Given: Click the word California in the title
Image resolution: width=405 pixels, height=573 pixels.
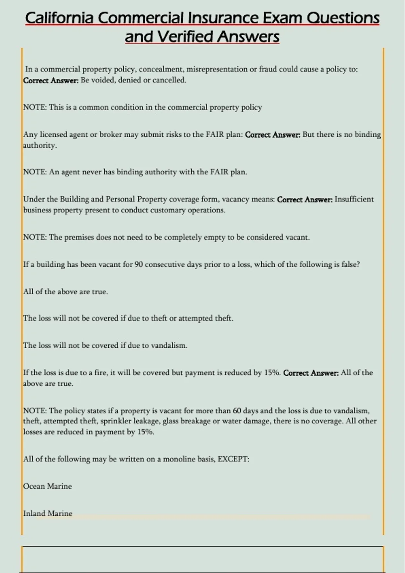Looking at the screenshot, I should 59,18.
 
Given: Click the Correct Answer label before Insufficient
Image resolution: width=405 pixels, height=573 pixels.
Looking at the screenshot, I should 304,200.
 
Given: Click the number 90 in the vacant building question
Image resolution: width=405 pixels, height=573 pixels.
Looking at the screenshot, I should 139,265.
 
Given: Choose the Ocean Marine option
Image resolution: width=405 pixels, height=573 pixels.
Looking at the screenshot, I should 47,486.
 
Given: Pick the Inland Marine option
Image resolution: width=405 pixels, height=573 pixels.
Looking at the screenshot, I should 48,513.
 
